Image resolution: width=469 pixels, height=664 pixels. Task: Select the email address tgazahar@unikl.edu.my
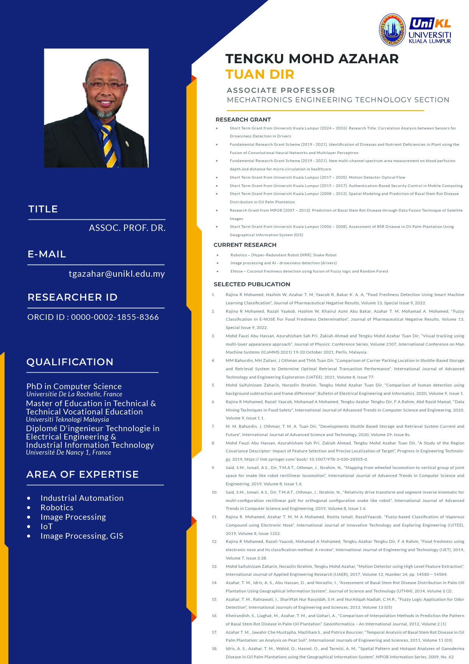tap(116, 274)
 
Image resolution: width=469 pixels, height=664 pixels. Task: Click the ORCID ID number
tap(115, 317)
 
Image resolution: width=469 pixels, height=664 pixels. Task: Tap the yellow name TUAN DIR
tap(260, 74)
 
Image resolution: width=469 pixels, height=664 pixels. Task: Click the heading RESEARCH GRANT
tap(243, 120)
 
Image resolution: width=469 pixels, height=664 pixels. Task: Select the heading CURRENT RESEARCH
tap(245, 245)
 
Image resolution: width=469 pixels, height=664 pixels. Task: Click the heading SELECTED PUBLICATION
tap(252, 284)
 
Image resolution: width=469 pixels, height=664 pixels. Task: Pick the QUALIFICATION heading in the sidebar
tap(70, 362)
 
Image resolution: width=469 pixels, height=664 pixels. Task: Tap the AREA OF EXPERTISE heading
tap(82, 474)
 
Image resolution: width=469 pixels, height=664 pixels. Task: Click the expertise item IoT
tap(47, 527)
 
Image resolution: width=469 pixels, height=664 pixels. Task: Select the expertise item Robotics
tap(57, 508)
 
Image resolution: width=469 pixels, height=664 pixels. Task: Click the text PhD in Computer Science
tap(74, 386)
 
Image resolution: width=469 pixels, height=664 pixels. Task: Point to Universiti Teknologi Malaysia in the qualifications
tap(67, 419)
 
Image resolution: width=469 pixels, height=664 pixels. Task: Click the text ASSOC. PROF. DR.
tap(127, 228)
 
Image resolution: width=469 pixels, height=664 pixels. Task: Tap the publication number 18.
tap(214, 648)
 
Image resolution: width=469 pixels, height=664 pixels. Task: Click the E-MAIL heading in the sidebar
tap(47, 254)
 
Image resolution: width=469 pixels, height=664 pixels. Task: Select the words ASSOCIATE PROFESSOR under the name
tap(281, 90)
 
